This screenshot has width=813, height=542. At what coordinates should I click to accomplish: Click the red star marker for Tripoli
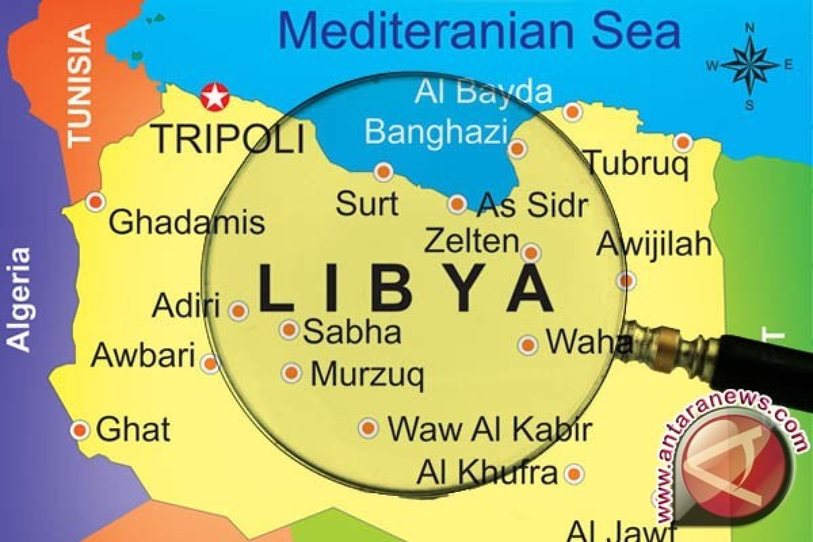(x=215, y=98)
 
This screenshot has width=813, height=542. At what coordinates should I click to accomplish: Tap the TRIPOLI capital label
(x=228, y=140)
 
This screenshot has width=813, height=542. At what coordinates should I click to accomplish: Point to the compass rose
(x=750, y=66)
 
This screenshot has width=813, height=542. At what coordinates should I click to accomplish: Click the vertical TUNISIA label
(x=80, y=84)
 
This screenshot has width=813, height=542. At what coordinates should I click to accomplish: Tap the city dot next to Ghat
(x=80, y=430)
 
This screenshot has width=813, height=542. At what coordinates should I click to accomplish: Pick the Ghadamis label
(x=186, y=222)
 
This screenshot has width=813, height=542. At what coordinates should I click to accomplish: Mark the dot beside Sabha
(x=289, y=330)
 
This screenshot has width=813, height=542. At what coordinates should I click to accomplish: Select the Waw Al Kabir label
(x=489, y=429)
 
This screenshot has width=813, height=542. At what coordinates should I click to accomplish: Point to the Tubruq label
(x=637, y=163)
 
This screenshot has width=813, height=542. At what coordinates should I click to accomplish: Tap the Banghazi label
(x=436, y=130)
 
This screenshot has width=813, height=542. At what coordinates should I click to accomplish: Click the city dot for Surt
(x=384, y=172)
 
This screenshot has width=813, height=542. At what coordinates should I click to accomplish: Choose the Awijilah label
(x=654, y=244)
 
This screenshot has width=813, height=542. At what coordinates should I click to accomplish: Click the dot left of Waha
(x=528, y=345)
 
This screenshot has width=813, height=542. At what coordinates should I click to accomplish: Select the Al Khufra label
(x=486, y=472)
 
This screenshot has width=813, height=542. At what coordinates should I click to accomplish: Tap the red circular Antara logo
(x=734, y=474)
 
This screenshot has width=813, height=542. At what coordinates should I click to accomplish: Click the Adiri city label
(x=186, y=306)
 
